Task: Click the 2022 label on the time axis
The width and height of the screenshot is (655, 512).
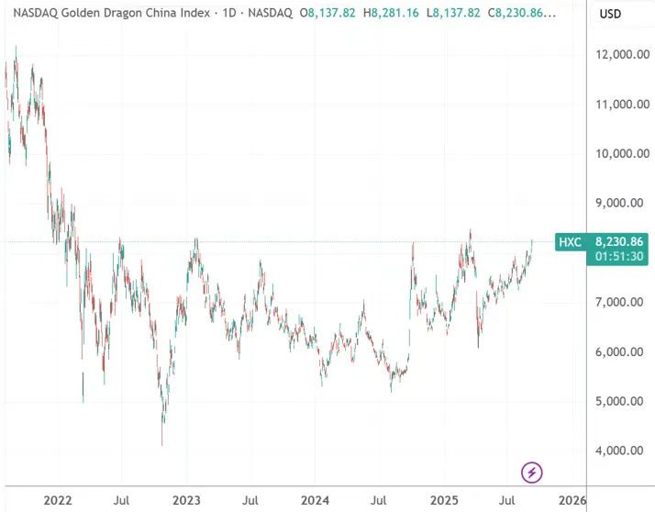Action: pos(58,501)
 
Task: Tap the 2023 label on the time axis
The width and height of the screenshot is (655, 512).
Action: pos(186,501)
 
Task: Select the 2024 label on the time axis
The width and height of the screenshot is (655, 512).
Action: pos(316,501)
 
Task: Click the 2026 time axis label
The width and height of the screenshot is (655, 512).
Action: pos(572,501)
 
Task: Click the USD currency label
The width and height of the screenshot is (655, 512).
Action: pos(611,15)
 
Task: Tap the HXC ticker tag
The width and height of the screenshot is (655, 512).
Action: pos(569,242)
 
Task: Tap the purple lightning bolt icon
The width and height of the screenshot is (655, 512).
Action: pos(532,473)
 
